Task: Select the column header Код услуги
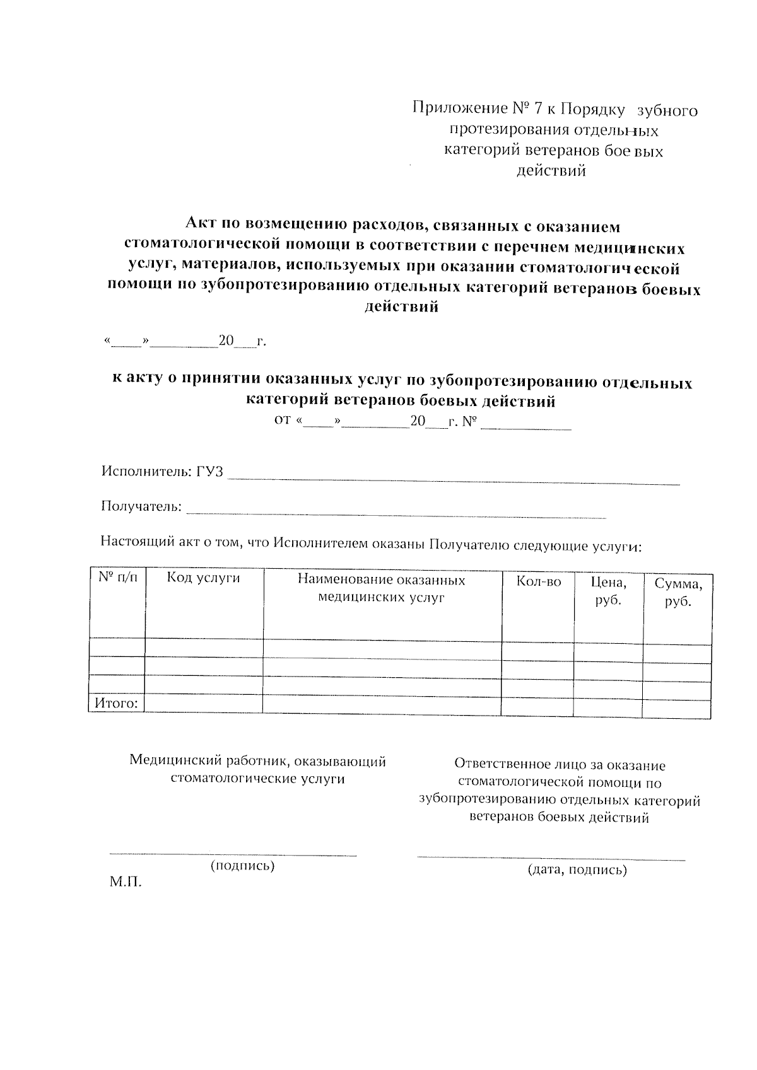pos(203,578)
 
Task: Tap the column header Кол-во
pos(538,581)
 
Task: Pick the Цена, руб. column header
pos(608,591)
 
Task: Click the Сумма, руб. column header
pos(678,592)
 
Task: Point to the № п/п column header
pos(117,576)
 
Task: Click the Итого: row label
pos(116,702)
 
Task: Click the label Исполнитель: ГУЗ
pos(162,472)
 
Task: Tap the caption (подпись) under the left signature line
pos(242,865)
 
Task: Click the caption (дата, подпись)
pos(577,870)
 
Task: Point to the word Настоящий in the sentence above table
pos(132,541)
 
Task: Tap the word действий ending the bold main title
pos(401,308)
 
